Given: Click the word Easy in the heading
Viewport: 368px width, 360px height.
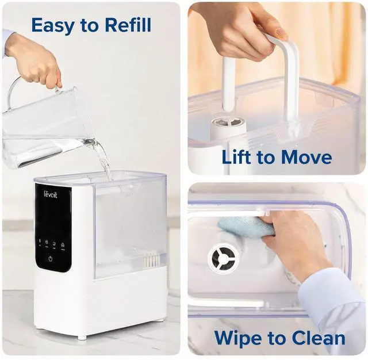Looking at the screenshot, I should coord(52,25).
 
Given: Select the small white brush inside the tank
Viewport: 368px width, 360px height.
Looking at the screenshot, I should coord(153,261).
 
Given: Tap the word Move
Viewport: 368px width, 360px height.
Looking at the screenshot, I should coord(311,157).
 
